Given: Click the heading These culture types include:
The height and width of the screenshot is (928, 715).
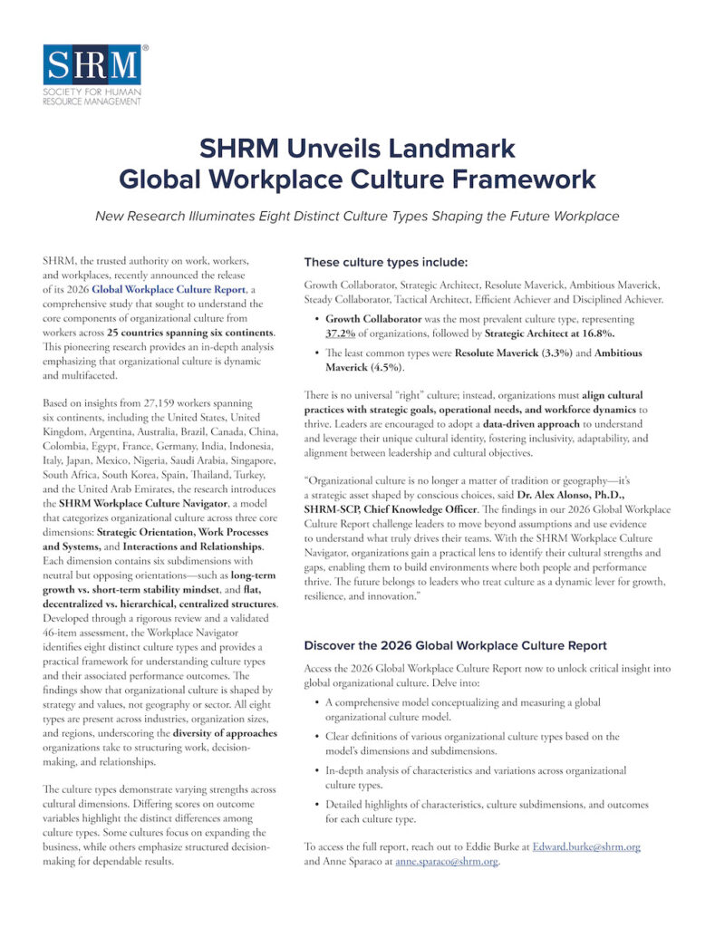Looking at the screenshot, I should point(386,263).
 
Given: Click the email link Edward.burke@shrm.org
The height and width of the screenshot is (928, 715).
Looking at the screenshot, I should point(586,846).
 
